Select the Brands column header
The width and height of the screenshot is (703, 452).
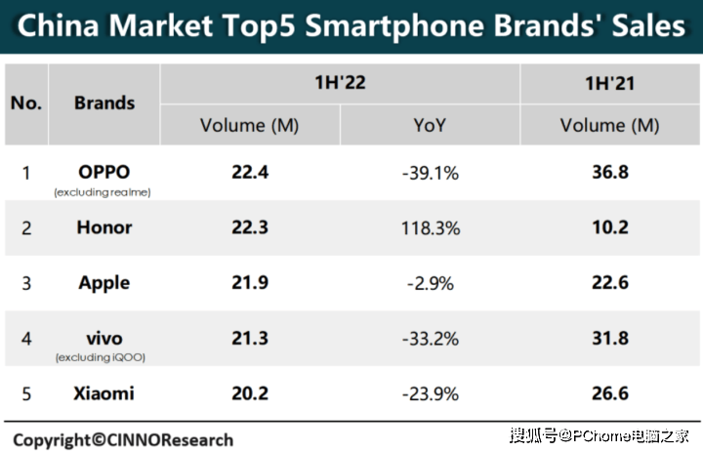104,103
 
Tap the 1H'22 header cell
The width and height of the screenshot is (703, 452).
340,83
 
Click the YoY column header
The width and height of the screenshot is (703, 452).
430,125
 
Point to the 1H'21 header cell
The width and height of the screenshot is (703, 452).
610,83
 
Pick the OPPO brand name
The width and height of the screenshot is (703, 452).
103,172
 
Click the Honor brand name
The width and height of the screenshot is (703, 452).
103,227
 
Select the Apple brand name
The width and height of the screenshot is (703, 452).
103,282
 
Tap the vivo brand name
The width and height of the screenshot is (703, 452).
103,338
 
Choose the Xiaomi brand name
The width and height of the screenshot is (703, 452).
103,393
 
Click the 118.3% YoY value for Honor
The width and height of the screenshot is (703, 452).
430,227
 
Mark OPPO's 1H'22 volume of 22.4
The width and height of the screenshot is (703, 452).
250,173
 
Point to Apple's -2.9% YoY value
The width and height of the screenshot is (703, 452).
430,282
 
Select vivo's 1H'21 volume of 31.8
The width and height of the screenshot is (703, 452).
609,339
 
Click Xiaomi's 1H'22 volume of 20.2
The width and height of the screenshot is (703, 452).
250,393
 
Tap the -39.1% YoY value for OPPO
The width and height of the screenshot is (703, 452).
430,173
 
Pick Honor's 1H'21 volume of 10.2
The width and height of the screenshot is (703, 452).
609,227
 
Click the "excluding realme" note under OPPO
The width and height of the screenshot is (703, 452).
103,192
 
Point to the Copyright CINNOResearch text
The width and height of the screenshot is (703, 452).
123,439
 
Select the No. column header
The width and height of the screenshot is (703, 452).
26,103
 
